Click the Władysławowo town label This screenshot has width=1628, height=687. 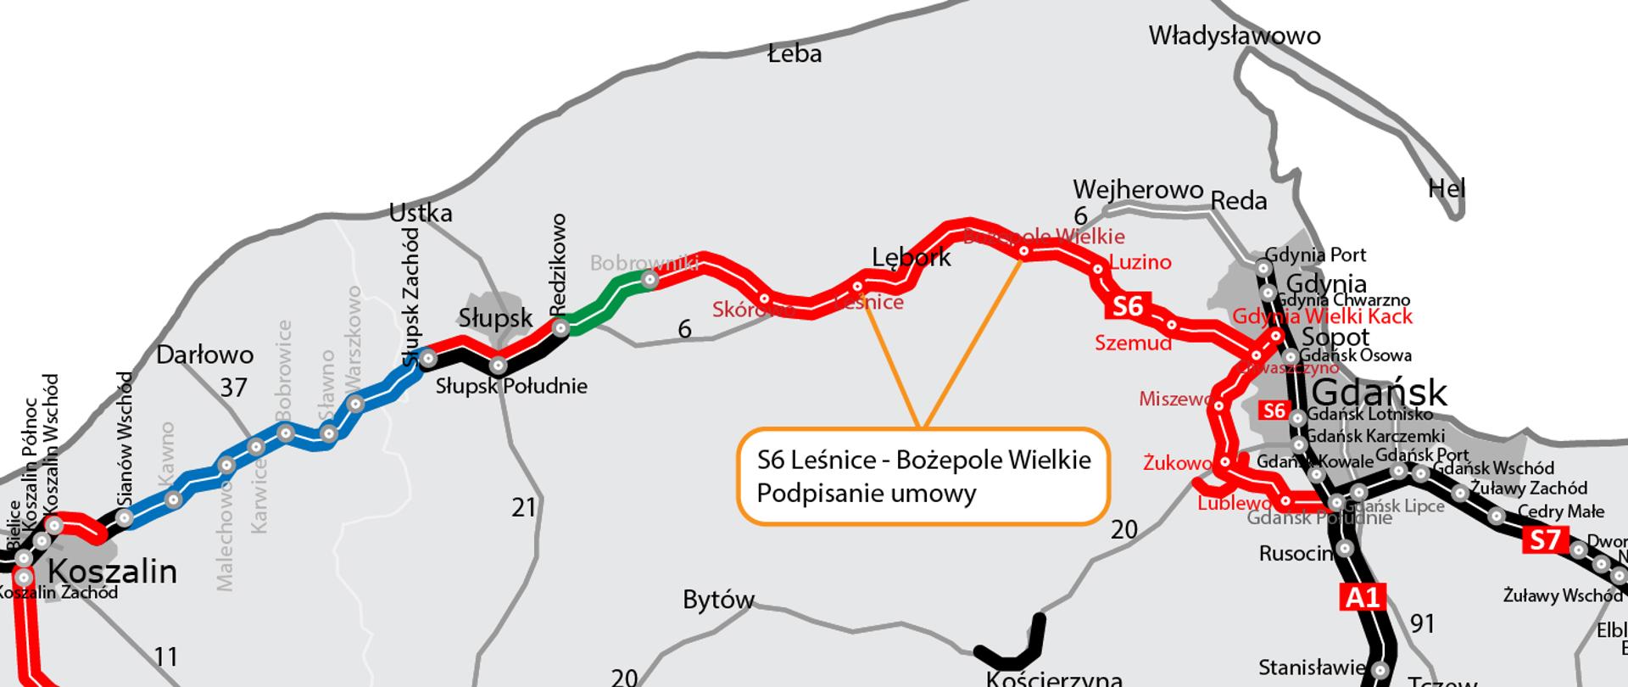1234,36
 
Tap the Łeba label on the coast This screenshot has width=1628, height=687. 794,54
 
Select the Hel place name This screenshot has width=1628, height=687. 1446,188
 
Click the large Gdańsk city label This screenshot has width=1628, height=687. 1380,394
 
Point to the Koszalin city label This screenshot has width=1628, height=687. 112,572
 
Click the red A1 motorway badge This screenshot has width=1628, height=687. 1363,597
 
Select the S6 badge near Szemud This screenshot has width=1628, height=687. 1127,306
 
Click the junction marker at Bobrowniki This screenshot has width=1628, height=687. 650,279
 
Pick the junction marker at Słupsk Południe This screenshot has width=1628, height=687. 499,366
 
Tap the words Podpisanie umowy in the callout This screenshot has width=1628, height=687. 866,494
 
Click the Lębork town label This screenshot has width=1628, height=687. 911,257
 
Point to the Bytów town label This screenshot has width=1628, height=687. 718,600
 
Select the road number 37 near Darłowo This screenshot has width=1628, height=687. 233,388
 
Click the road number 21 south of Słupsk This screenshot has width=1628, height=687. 524,507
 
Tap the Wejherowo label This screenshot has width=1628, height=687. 1138,189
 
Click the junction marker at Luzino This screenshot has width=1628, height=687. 1098,269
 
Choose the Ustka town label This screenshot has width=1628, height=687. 420,213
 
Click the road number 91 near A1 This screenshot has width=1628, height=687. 1422,624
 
